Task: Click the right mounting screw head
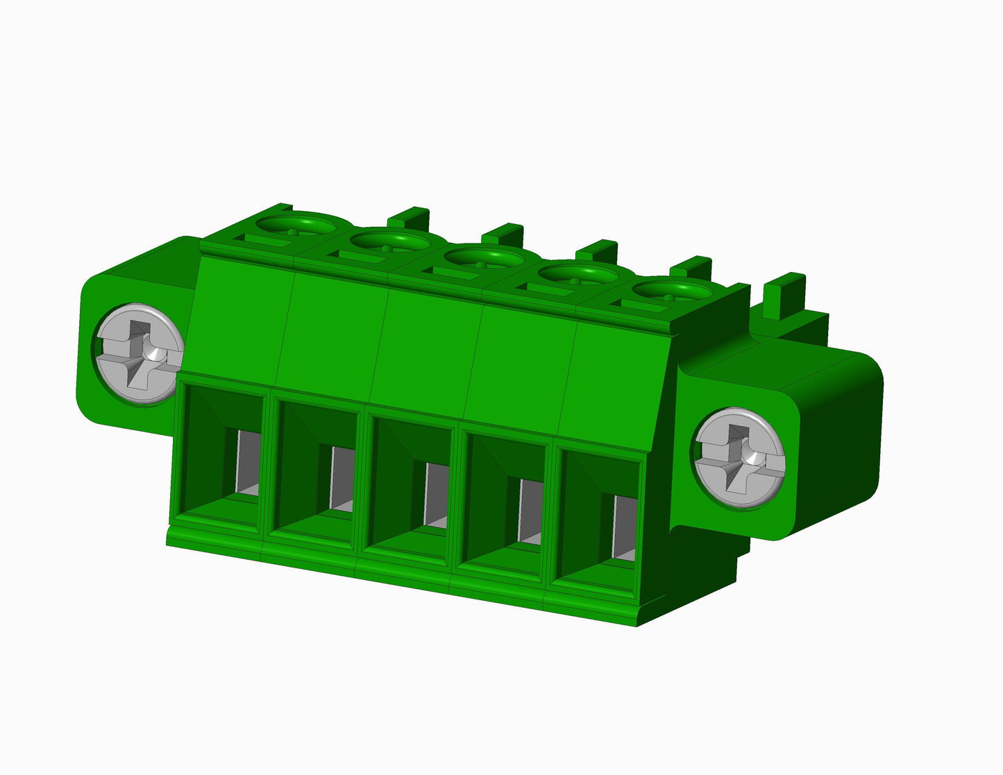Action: (x=740, y=459)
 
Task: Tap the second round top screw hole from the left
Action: (x=389, y=241)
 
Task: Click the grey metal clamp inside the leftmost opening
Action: (x=248, y=462)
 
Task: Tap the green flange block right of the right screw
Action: (x=840, y=444)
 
